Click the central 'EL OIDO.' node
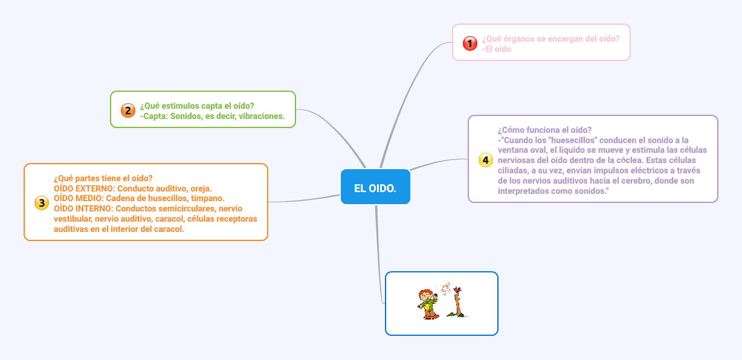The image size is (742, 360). pyautogui.click(x=375, y=188)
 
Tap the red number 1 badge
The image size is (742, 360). pyautogui.click(x=469, y=43)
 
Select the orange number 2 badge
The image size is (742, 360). pyautogui.click(x=127, y=111)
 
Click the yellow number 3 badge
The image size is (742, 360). pyautogui.click(x=41, y=203)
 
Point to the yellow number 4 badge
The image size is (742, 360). pyautogui.click(x=485, y=160)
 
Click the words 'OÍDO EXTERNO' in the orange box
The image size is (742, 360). pyautogui.click(x=82, y=188)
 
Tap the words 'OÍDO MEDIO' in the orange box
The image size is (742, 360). pyautogui.click(x=76, y=198)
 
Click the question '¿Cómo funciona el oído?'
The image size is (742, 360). pyautogui.click(x=544, y=129)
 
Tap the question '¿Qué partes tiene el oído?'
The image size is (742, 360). pyautogui.click(x=103, y=178)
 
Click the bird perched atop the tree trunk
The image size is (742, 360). pyautogui.click(x=458, y=290)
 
